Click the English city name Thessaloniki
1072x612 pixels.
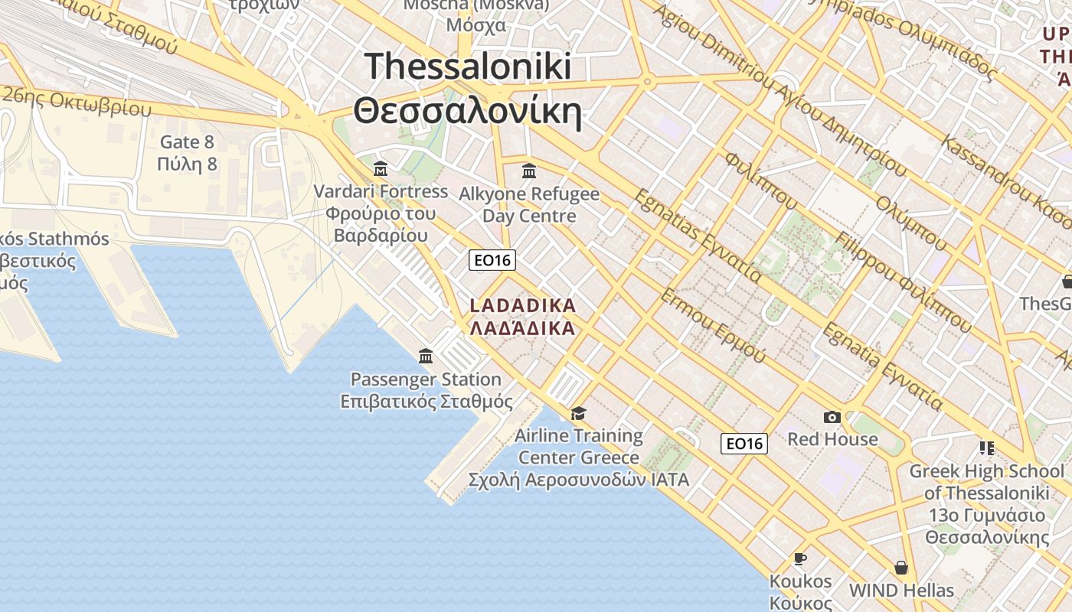[x=468, y=66]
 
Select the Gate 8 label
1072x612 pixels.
[x=187, y=142]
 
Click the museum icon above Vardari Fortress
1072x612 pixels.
[x=381, y=169]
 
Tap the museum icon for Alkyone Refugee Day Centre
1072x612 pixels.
[x=529, y=171]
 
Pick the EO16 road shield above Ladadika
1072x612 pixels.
[x=492, y=260]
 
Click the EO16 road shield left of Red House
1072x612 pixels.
[x=744, y=444]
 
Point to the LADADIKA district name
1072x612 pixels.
[x=522, y=306]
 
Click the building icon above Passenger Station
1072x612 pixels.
[x=426, y=356]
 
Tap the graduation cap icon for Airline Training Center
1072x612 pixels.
[x=579, y=414]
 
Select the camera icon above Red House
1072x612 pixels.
[x=832, y=418]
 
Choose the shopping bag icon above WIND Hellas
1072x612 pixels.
[x=901, y=568]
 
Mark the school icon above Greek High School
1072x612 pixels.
[x=986, y=448]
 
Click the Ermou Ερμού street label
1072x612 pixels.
[x=713, y=326]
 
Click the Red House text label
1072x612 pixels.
[x=832, y=440]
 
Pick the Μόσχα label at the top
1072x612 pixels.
[x=476, y=24]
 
